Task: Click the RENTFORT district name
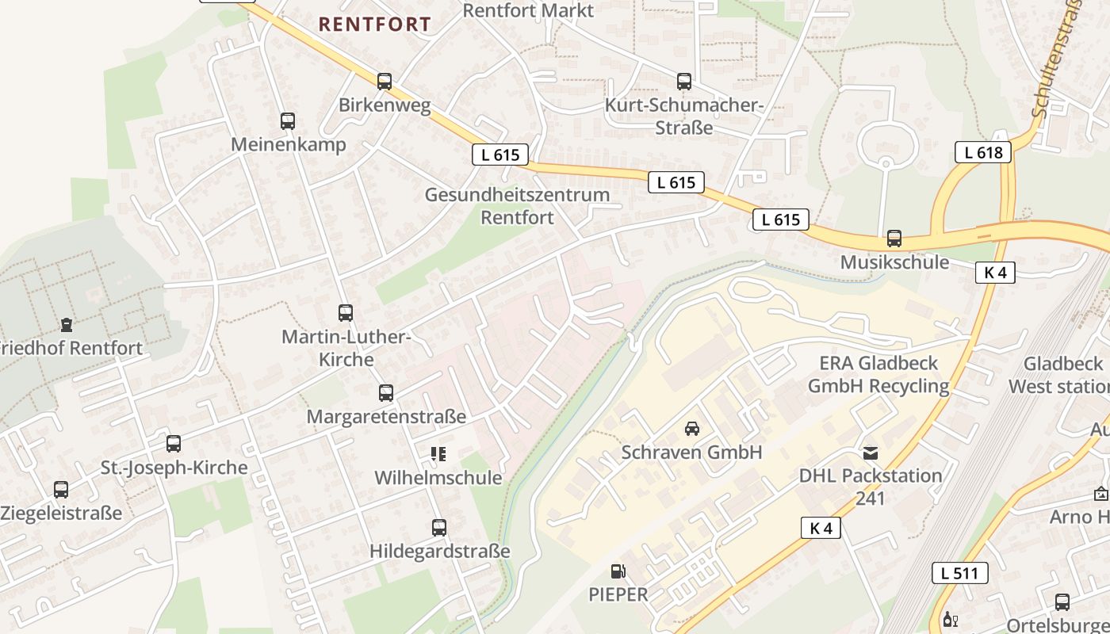pos(375,25)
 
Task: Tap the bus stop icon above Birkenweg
pos(385,81)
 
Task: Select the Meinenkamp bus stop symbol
pos(288,121)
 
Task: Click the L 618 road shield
pos(983,152)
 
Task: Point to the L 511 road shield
pos(959,573)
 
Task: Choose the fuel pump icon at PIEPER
pos(618,571)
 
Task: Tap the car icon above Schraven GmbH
pos(692,429)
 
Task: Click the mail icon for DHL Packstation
pos(871,453)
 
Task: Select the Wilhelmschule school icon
pos(438,454)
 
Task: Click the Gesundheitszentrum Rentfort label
pos(517,205)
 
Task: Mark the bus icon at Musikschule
pos(894,239)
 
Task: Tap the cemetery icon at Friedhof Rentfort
pos(67,324)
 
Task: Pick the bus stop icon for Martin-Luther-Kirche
pos(346,312)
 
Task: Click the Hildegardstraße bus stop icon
pos(439,527)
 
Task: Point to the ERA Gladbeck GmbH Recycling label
pos(878,374)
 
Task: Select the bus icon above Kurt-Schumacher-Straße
pos(684,81)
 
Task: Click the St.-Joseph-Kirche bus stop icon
pos(174,444)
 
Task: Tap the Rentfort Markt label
pos(528,10)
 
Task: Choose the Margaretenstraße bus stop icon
pos(386,392)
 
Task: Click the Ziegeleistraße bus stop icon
pos(61,490)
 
